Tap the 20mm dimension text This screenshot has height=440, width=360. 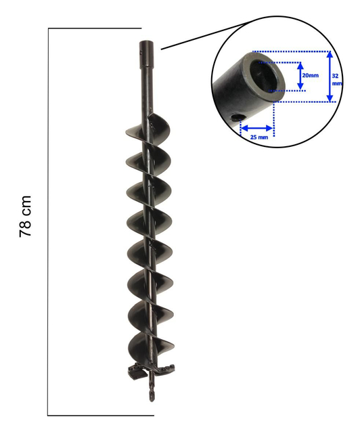click(x=310, y=75)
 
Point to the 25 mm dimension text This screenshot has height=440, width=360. click(x=258, y=136)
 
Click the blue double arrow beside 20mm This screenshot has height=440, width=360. click(x=300, y=76)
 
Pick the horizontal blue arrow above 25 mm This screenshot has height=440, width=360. click(x=258, y=127)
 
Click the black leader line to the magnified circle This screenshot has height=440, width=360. click(x=186, y=40)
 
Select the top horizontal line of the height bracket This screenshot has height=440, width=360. click(x=95, y=28)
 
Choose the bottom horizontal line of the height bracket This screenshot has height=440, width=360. click(x=100, y=414)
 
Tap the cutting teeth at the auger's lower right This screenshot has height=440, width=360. click(x=167, y=369)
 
